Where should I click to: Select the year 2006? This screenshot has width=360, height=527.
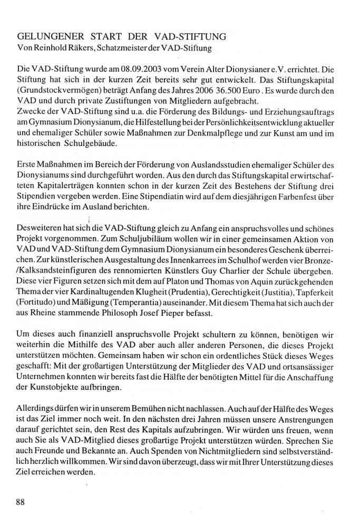coord(224,91)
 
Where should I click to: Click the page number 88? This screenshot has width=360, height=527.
coord(21,501)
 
